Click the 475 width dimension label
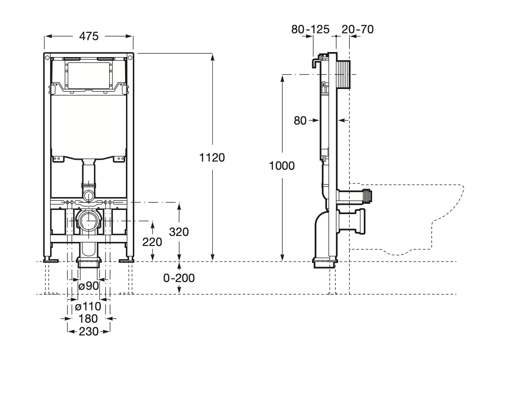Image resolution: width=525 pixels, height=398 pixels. pos(89,36)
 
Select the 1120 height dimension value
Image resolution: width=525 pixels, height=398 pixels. pos(212,157)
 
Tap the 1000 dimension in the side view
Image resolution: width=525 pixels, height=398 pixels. pos(282,166)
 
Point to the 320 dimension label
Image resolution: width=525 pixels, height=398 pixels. pos(179,232)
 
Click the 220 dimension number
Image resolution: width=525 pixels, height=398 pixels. pos(152,242)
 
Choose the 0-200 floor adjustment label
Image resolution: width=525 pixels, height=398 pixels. pos(179,278)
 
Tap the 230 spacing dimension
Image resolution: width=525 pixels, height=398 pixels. pos(89,331)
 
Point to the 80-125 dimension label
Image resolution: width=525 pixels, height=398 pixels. pos(310,30)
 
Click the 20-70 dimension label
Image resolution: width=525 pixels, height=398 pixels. pos(357,30)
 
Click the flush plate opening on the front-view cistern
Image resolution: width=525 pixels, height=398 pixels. pos(89,75)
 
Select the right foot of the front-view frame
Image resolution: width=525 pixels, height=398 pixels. pos(126,260)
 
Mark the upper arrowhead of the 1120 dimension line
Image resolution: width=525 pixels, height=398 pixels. pos(212,56)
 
